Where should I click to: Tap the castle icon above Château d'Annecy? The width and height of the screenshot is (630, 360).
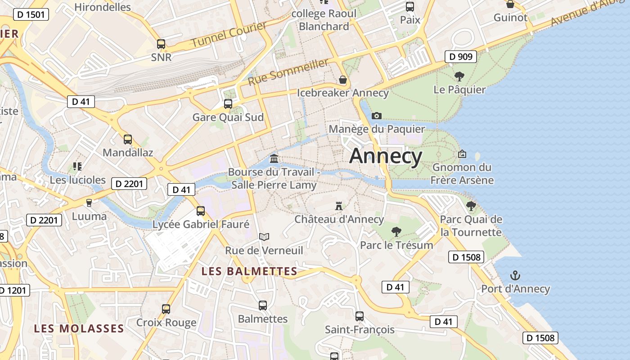click(339, 206)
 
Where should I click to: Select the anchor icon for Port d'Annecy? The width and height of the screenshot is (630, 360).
click(515, 275)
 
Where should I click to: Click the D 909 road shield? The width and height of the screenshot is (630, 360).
click(461, 57)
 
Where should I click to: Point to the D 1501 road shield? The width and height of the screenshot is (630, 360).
click(31, 15)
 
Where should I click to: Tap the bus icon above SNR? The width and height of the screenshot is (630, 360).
click(161, 44)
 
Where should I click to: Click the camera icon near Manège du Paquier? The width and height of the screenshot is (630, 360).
click(377, 116)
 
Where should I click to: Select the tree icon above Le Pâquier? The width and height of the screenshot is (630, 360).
click(459, 76)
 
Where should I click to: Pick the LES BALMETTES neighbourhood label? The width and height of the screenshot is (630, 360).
click(249, 271)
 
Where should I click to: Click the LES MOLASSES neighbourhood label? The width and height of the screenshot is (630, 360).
click(79, 328)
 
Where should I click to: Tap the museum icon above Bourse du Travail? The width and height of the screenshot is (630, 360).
click(274, 158)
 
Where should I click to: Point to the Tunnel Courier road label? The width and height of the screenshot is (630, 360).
click(229, 35)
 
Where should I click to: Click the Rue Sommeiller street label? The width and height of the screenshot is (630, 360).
click(288, 72)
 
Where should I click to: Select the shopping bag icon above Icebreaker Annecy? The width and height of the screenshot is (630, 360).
click(343, 80)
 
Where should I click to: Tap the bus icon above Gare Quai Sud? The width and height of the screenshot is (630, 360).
click(228, 104)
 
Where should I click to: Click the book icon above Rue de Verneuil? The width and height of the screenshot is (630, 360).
click(264, 237)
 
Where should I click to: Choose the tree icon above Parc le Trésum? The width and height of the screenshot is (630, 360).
click(396, 232)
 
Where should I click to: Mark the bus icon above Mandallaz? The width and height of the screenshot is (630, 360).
click(128, 139)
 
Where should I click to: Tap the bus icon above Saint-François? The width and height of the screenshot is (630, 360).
click(359, 316)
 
